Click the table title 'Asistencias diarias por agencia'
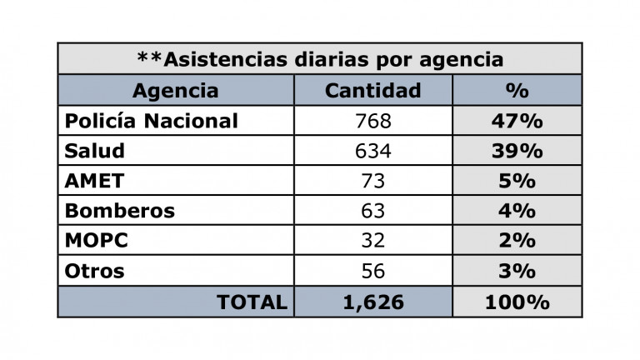pyautogui.click(x=319, y=59)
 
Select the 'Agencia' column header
pyautogui.click(x=175, y=90)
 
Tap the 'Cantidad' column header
pyautogui.click(x=372, y=90)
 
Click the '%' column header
pyautogui.click(x=517, y=90)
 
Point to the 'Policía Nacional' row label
pyautogui.click(x=151, y=121)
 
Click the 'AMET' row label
pyautogui.click(x=92, y=181)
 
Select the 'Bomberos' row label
pyautogui.click(x=119, y=211)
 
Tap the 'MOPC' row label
pyautogui.click(x=94, y=241)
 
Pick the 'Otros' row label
pyautogui.click(x=94, y=271)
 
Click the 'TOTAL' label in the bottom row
pyautogui.click(x=252, y=302)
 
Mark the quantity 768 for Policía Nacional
pyautogui.click(x=372, y=121)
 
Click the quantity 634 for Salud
pyautogui.click(x=372, y=151)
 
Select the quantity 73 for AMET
pyautogui.click(x=372, y=181)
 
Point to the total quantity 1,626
pyautogui.click(x=372, y=302)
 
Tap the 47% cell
pyautogui.click(x=517, y=121)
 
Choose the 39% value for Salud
pyautogui.click(x=517, y=151)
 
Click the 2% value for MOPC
pyautogui.click(x=517, y=241)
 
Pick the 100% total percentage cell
pyautogui.click(x=517, y=302)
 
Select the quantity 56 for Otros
pyautogui.click(x=372, y=271)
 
